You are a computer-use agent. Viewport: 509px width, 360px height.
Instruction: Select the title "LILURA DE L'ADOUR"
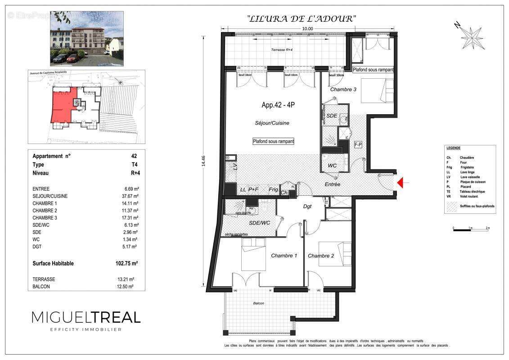point(302,19)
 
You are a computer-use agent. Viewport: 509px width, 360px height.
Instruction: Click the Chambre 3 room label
point(343,89)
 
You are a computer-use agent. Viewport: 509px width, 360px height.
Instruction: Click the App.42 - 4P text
point(278,105)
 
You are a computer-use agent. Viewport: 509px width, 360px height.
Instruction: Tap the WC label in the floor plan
point(332,166)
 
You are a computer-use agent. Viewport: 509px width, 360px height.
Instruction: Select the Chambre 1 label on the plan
point(284,256)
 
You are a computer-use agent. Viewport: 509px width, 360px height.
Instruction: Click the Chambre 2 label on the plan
point(321,256)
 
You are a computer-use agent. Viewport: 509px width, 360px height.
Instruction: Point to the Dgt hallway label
point(307,207)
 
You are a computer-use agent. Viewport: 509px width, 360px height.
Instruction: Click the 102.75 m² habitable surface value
point(126,264)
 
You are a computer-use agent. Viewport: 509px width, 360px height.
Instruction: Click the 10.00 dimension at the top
point(307,28)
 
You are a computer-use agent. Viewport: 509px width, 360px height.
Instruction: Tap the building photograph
point(87,39)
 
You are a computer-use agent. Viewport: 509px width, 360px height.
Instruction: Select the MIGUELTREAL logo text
point(86,317)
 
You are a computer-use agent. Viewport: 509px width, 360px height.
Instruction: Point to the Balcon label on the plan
point(258,303)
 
